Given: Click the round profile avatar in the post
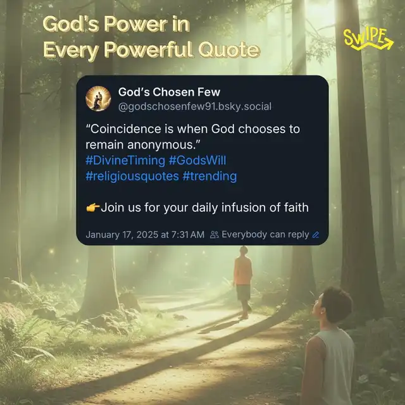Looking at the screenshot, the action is click(98, 99).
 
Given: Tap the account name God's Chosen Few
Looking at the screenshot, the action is click(169, 92).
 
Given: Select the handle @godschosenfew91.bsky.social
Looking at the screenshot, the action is click(195, 106).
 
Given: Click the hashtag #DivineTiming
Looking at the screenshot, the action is click(125, 160).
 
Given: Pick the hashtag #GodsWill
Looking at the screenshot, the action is click(197, 160).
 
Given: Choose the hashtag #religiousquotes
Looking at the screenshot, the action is click(132, 176).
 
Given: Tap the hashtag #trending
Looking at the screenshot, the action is click(209, 176).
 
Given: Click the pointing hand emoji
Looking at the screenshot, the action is click(93, 208).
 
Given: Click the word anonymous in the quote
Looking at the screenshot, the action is click(160, 145).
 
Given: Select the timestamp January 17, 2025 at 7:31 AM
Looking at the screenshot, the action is click(145, 235).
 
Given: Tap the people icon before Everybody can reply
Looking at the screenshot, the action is click(215, 235).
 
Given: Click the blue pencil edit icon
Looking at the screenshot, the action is click(316, 235).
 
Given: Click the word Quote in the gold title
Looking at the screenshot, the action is click(229, 49).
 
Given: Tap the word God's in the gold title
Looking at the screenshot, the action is click(70, 24).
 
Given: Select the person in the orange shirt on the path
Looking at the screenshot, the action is click(243, 282).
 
